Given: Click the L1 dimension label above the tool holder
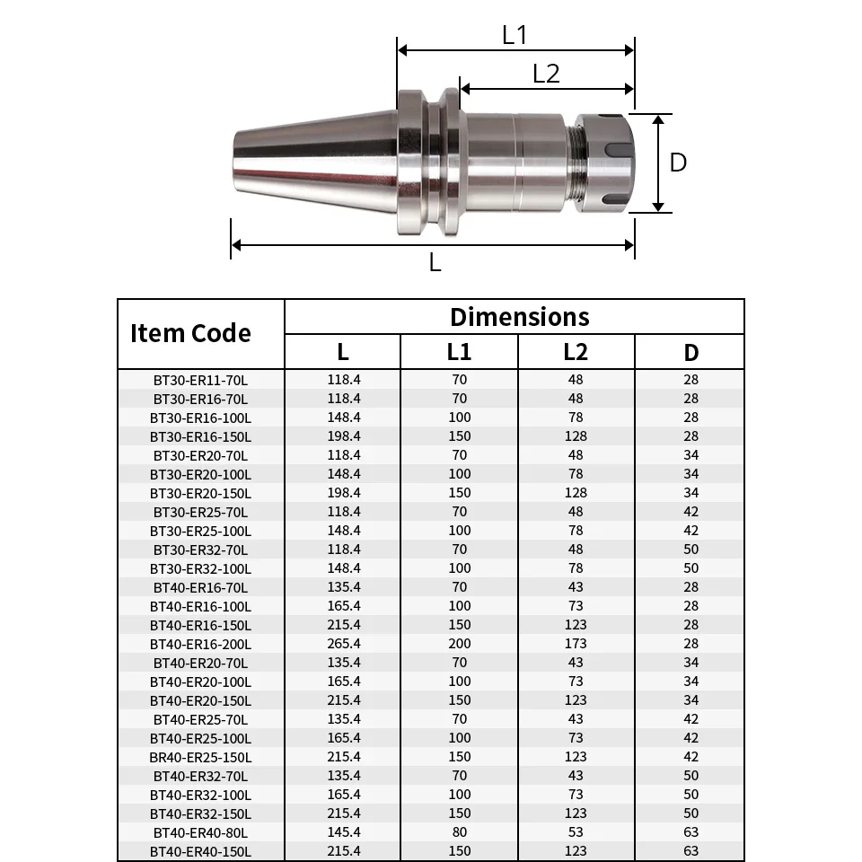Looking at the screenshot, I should [515, 35].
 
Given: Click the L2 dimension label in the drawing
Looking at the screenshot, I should [546, 74].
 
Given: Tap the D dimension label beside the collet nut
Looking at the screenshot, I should [679, 163].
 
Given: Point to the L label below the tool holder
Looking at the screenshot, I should [435, 263].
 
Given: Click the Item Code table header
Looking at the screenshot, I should [190, 333].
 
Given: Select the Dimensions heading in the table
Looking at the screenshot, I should [519, 317].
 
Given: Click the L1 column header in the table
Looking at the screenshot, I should [459, 352].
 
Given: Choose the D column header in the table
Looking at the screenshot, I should [690, 352].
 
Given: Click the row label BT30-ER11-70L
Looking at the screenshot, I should [201, 380].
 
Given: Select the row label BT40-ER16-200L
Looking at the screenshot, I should [201, 644].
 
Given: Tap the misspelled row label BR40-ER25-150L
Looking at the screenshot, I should [201, 757].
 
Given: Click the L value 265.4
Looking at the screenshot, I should [344, 644].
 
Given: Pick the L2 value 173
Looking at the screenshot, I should [576, 644].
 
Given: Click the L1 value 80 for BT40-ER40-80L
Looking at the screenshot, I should [459, 832].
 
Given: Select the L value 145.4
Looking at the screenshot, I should [344, 832].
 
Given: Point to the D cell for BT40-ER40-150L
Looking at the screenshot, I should [690, 851].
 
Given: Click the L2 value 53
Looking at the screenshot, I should [576, 832].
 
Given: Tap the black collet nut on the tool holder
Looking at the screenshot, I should [605, 163].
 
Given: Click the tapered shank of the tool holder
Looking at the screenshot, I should [314, 162].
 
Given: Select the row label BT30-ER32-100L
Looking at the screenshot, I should [201, 568].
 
